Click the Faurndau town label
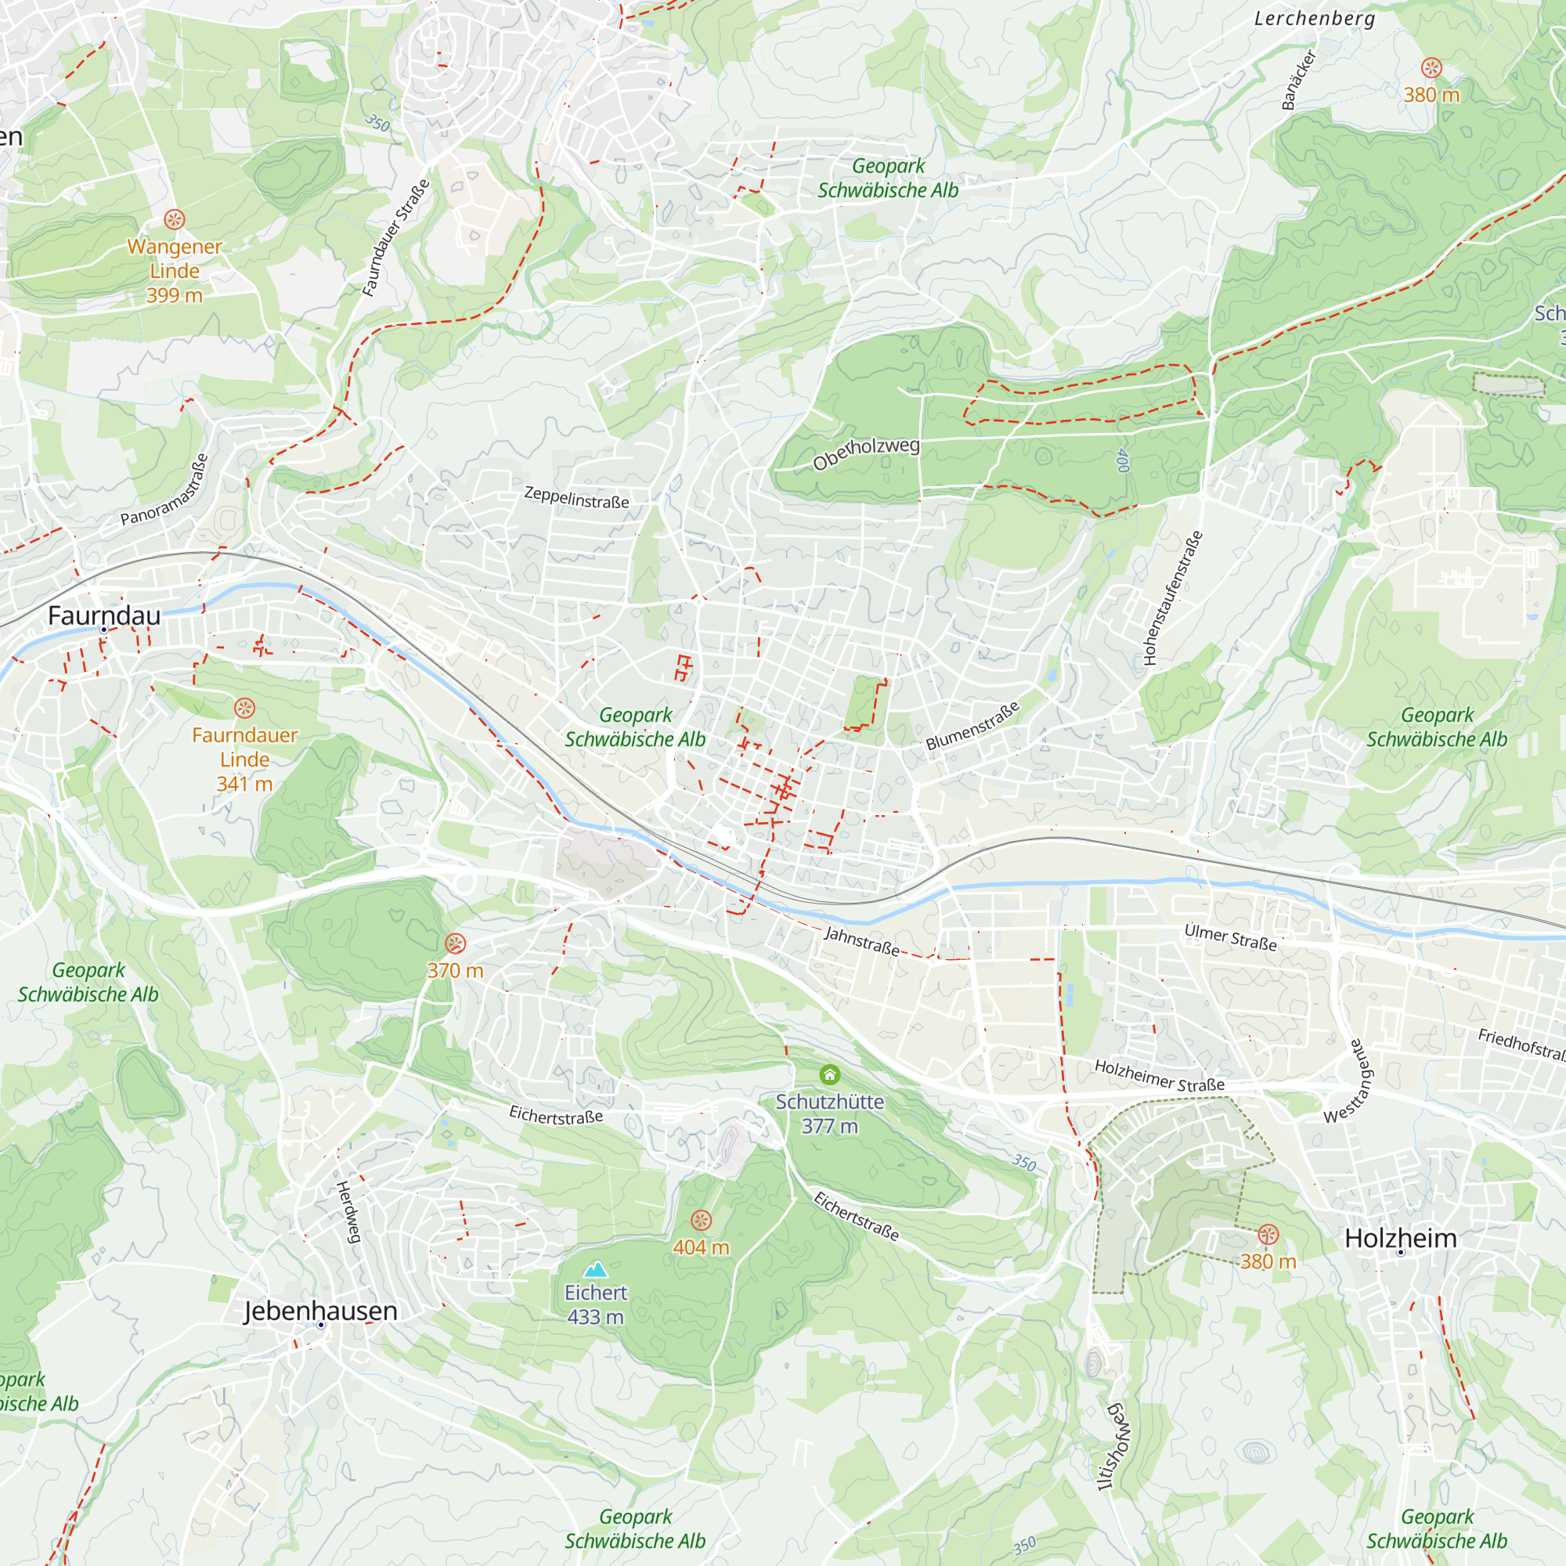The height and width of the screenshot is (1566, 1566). click(x=104, y=615)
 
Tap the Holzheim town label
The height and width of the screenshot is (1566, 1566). click(x=1400, y=1238)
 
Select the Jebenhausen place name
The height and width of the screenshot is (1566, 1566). click(x=320, y=1311)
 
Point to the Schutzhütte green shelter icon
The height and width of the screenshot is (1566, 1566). click(x=829, y=1075)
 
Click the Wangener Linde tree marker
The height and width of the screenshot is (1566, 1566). click(x=175, y=219)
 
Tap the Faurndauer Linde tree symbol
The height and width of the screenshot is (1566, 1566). click(x=244, y=708)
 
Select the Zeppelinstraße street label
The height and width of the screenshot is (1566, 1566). click(x=576, y=497)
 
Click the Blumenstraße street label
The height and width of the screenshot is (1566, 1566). click(x=972, y=726)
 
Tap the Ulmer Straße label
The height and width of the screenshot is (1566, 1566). click(x=1230, y=937)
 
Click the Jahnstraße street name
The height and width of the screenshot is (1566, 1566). click(x=861, y=941)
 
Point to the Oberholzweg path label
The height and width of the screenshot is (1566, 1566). click(x=866, y=453)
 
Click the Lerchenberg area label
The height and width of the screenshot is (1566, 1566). click(x=1314, y=19)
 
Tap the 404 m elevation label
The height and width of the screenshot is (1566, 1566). click(x=701, y=1247)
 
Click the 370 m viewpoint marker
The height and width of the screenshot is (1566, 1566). click(x=456, y=944)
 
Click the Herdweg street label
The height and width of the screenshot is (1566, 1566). click(x=348, y=1212)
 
